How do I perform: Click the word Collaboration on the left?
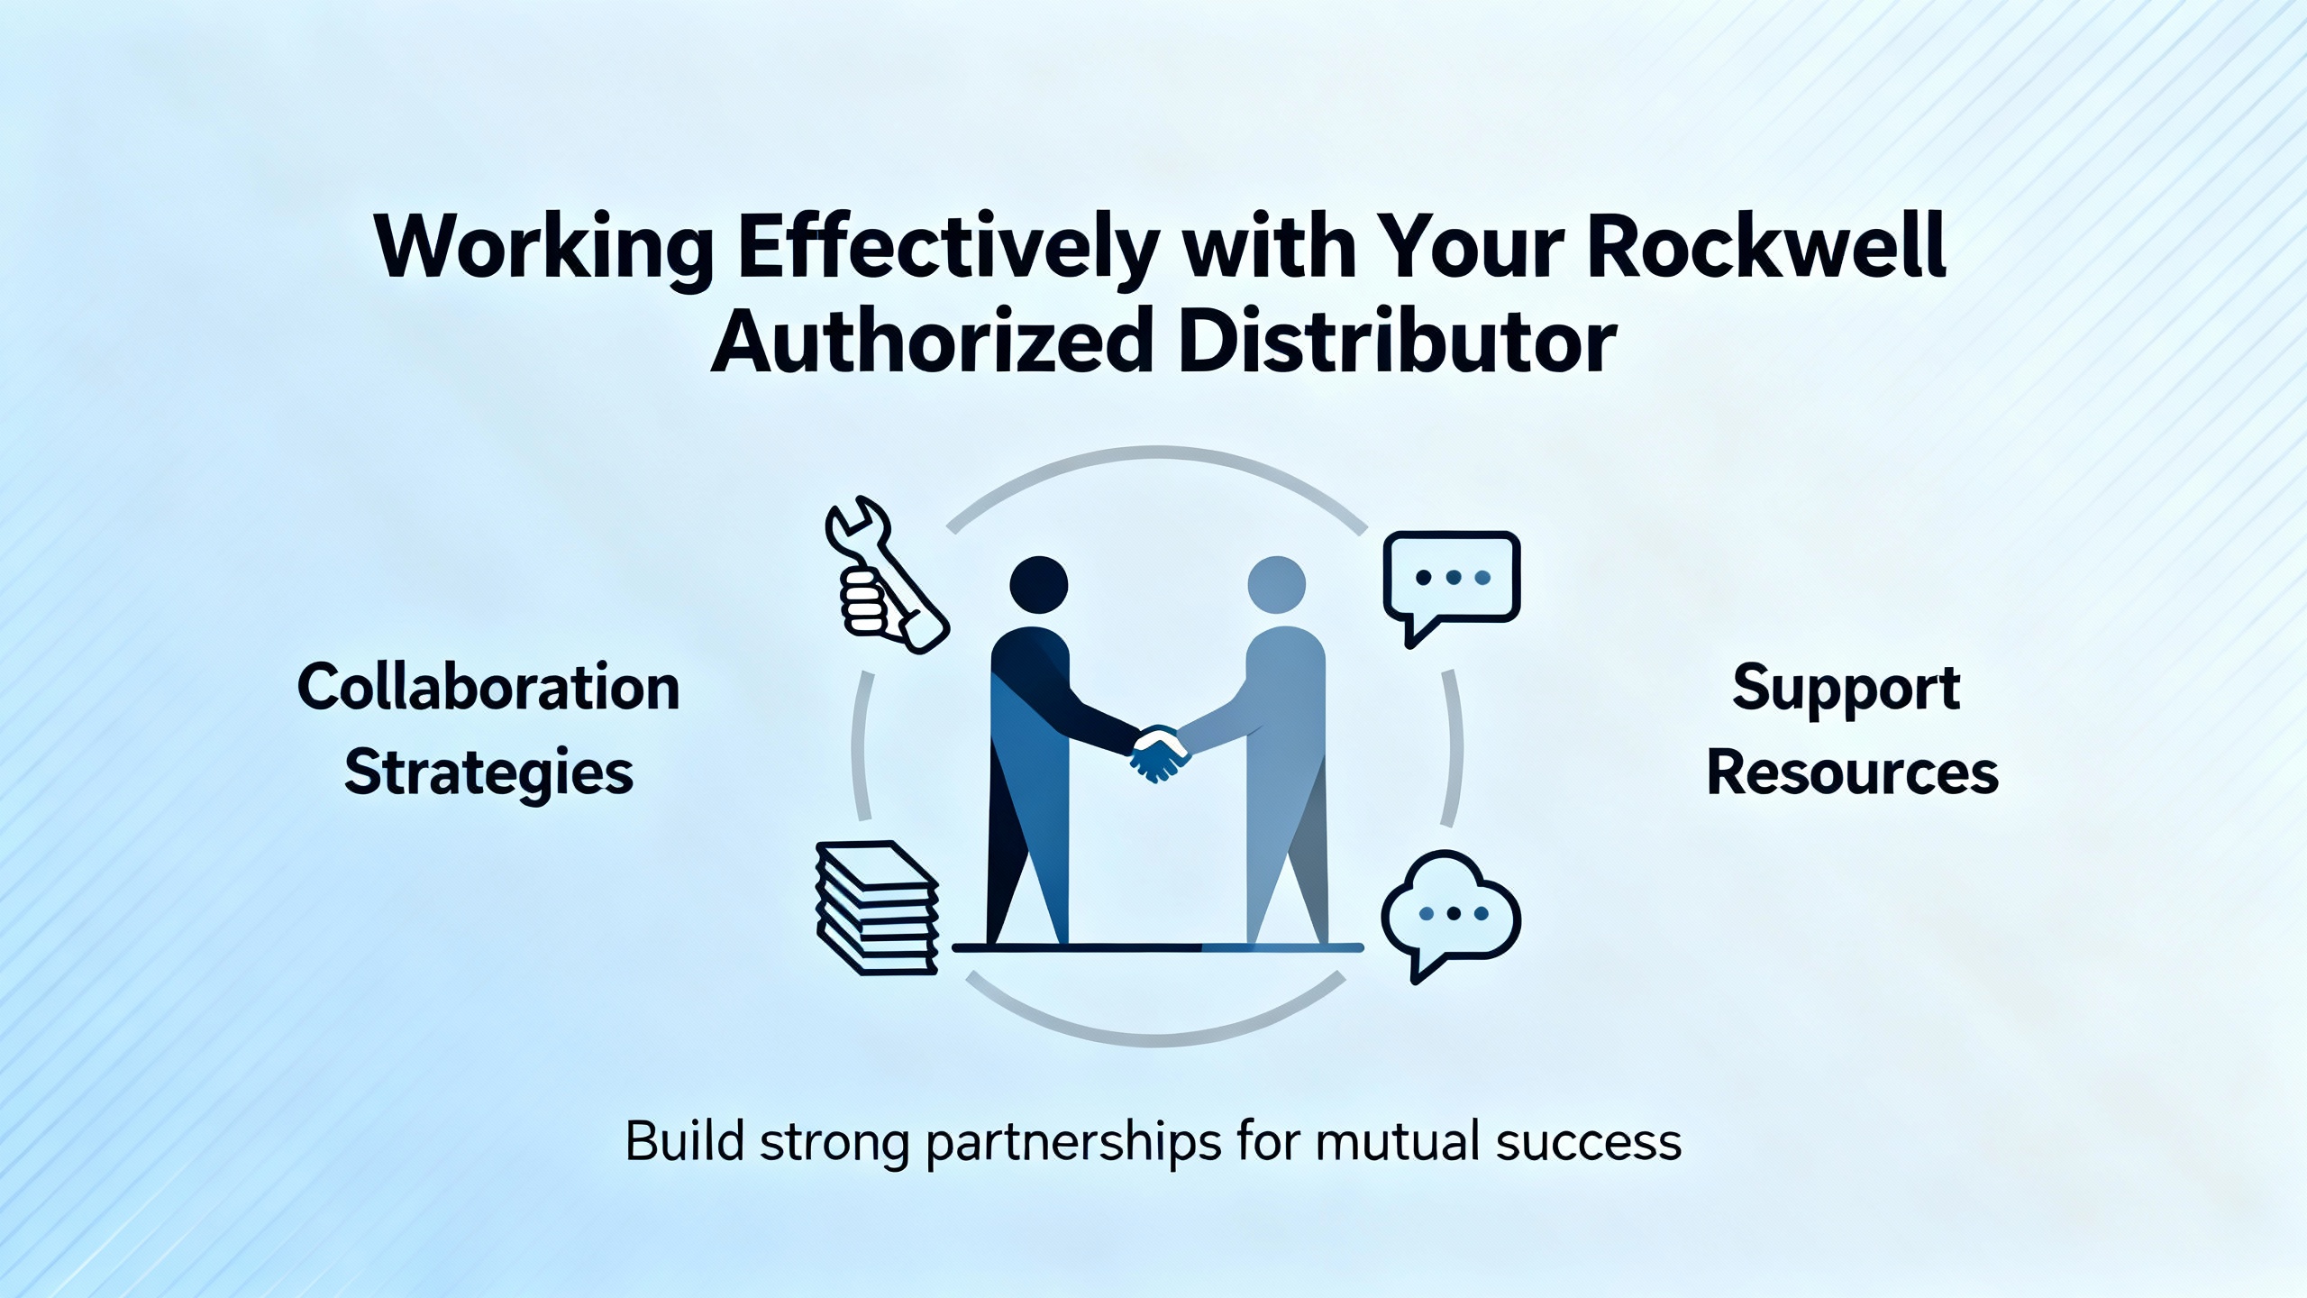coord(488,688)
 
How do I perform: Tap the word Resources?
coord(1853,772)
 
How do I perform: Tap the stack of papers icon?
coord(877,908)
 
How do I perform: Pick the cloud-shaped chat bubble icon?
coord(1450,915)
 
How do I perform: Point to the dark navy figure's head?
coord(1039,585)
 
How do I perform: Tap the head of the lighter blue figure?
coord(1276,585)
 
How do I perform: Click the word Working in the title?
coord(544,249)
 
